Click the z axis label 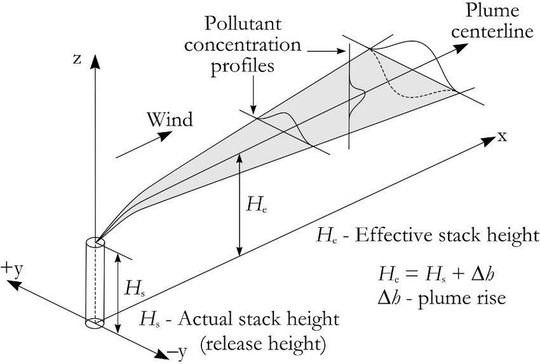point(77,59)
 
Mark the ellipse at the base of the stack point(94,323)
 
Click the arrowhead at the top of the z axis point(94,60)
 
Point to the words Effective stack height point(448,235)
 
